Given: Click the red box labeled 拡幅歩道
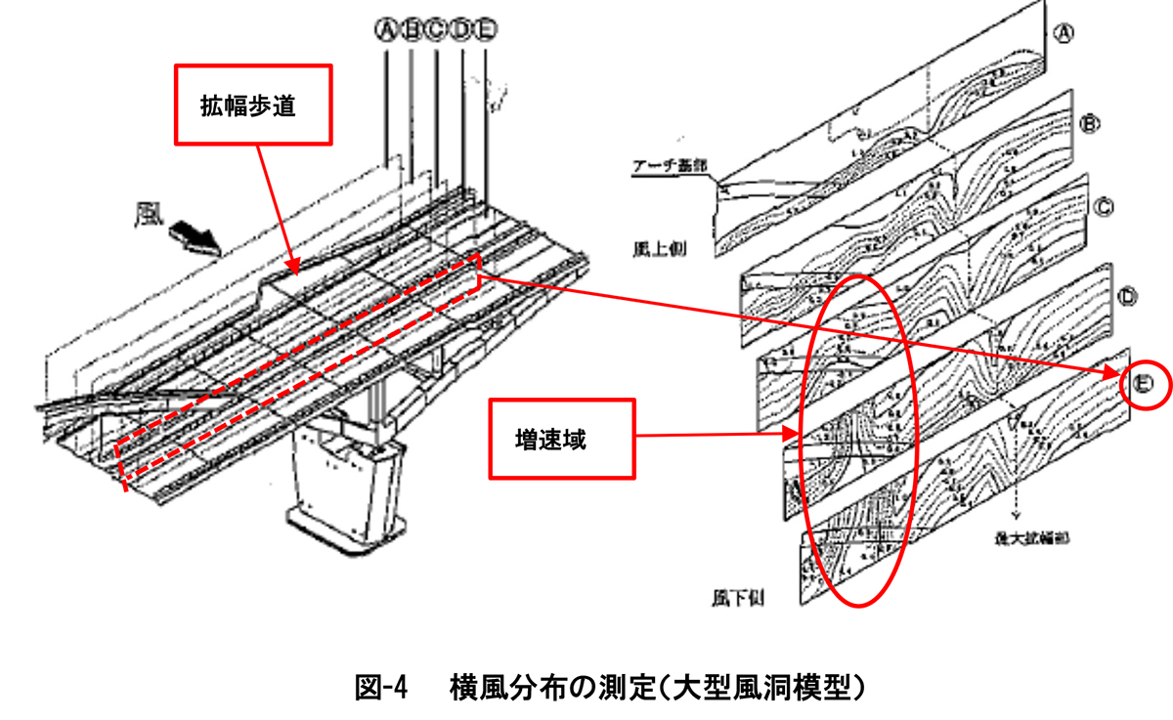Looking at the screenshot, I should [254, 105].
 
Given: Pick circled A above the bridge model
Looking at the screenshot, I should [386, 30].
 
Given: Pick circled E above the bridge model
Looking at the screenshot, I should [486, 30].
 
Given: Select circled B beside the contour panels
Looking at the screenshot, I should [1091, 123].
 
